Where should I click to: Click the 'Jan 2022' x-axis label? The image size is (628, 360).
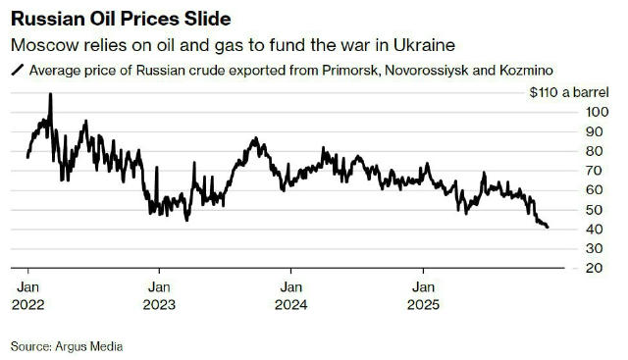27,295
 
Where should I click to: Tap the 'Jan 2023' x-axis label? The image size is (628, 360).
159,295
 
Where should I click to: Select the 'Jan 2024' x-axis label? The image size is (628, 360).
290,295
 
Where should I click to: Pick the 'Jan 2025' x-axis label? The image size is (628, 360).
423,295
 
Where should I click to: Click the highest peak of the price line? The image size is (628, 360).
50,94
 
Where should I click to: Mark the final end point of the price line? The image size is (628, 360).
548,228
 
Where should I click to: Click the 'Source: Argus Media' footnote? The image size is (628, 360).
68,346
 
